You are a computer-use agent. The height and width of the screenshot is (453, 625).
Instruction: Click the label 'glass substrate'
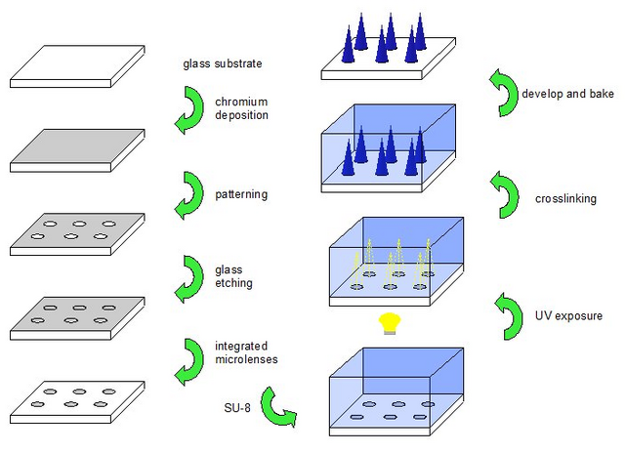pos(223,63)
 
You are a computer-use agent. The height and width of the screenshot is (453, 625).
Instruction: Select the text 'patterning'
pos(241,194)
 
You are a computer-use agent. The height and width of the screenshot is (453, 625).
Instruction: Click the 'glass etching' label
pos(233,276)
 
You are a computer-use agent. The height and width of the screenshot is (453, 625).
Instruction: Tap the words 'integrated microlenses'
pos(246,352)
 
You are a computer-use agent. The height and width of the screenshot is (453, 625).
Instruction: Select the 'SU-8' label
pos(237,408)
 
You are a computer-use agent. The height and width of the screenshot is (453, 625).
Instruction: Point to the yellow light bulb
pos(390,323)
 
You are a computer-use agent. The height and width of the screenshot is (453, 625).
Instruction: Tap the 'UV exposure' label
pos(568,316)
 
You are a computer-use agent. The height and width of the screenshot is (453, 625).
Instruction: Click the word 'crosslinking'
pos(565,199)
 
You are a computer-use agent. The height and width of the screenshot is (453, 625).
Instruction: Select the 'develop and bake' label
pos(567,94)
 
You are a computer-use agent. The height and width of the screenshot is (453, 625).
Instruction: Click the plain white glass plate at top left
pos(77,66)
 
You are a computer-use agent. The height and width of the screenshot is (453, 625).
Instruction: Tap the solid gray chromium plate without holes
pos(77,150)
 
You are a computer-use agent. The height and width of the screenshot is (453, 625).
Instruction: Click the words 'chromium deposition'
pos(241,108)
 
